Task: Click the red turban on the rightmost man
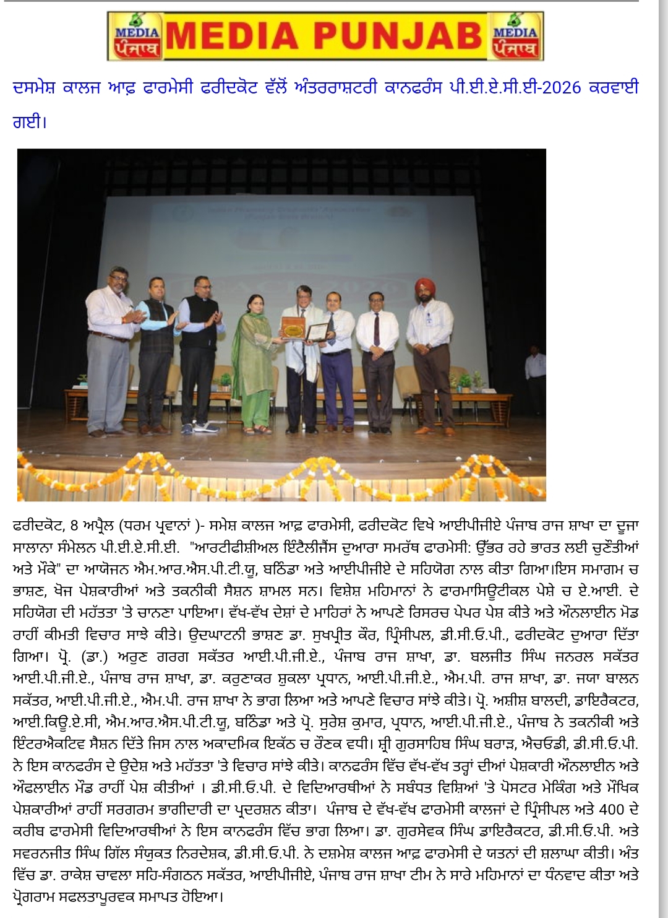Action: (x=425, y=287)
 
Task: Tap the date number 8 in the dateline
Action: (x=74, y=526)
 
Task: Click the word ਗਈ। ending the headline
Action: (x=30, y=121)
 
